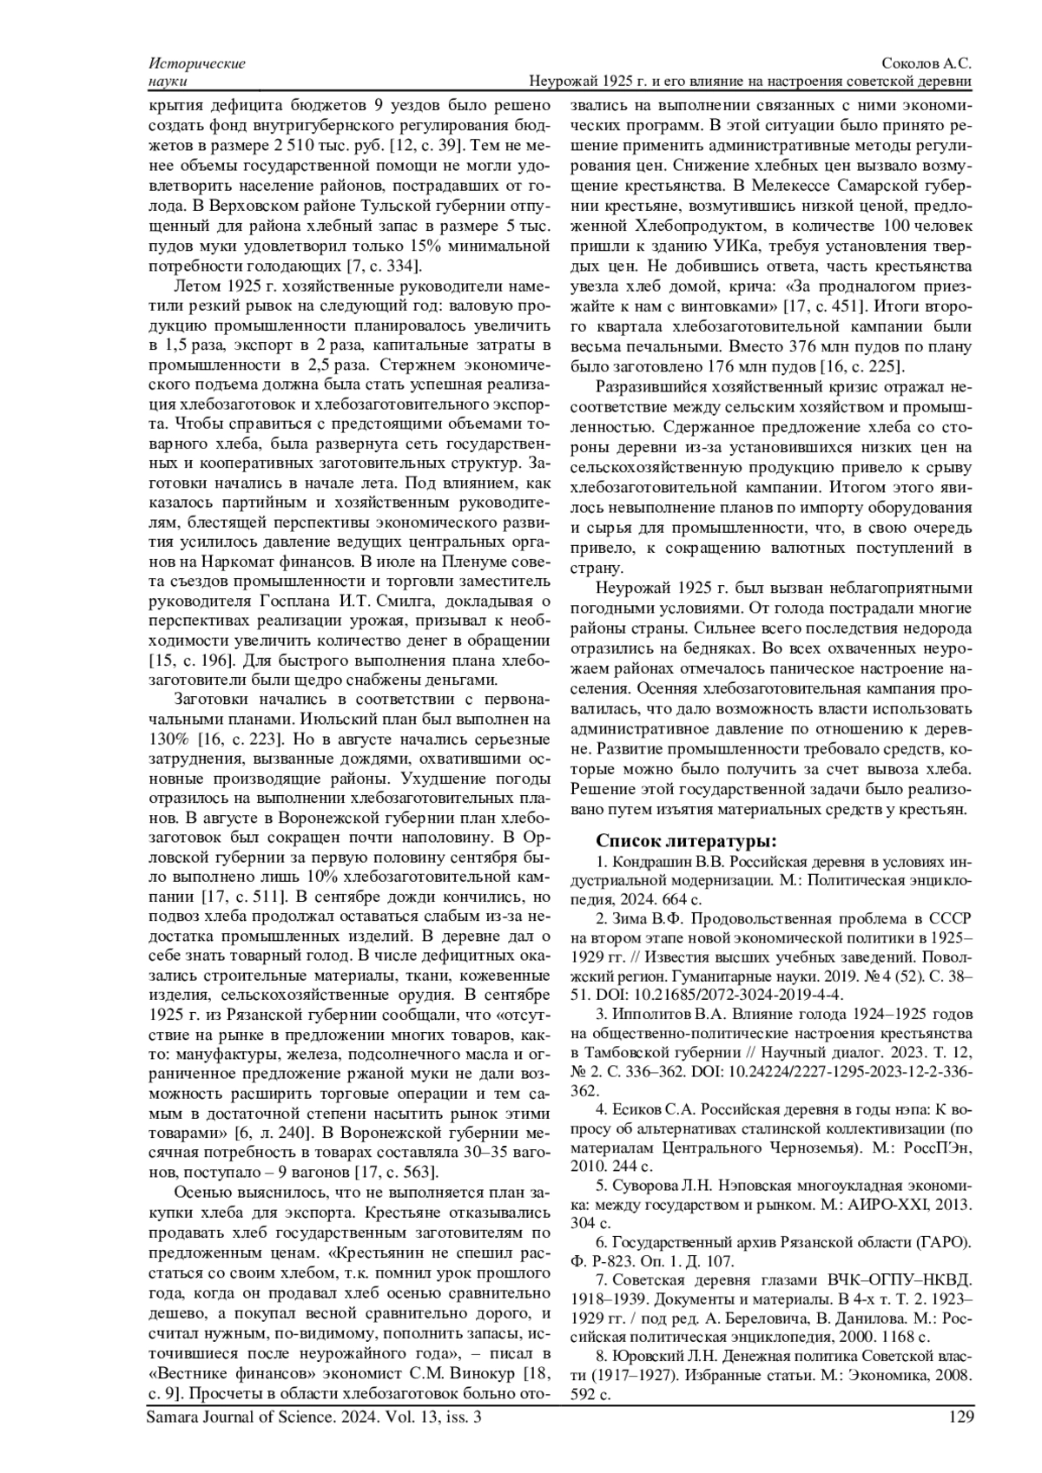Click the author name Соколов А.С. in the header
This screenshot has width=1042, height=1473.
(x=927, y=64)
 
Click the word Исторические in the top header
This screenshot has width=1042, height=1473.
(x=197, y=64)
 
